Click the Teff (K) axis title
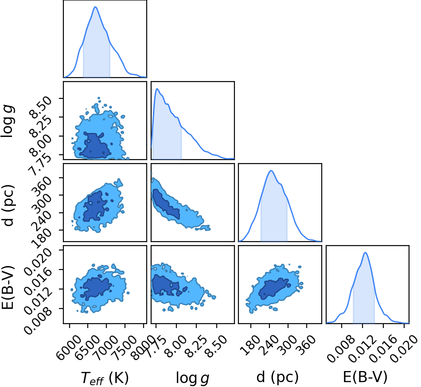click(x=105, y=378)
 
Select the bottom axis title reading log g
click(x=192, y=378)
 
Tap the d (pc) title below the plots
click(x=277, y=377)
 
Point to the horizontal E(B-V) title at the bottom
click(x=365, y=377)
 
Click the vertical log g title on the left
click(x=8, y=121)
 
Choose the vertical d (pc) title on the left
click(x=8, y=205)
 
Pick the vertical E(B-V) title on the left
click(x=8, y=287)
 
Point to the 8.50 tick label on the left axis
click(x=40, y=107)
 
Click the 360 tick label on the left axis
click(x=42, y=186)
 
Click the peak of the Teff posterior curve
click(x=95, y=7)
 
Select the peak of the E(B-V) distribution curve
click(x=365, y=252)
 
